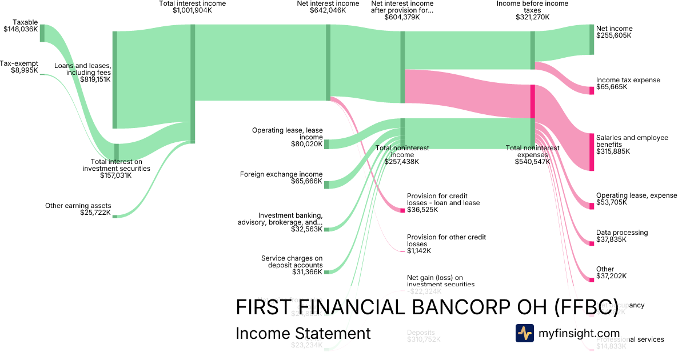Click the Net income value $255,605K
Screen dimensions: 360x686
613,35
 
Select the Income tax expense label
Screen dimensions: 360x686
628,80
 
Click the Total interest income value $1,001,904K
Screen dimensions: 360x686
192,10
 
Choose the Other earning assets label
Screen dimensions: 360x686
78,206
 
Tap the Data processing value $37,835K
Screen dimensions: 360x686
611,239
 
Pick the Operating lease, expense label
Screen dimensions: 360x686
636,195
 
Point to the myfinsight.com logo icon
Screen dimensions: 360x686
524,333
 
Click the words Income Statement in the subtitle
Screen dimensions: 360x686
303,333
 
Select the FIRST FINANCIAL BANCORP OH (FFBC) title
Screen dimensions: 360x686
426,307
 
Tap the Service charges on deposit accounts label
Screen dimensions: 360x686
292,262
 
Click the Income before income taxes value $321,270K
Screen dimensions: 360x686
532,17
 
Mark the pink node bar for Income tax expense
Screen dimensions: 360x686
592,90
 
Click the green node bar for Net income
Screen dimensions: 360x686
592,39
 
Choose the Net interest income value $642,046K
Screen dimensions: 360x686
328,10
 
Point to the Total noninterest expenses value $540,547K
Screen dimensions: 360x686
532,162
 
